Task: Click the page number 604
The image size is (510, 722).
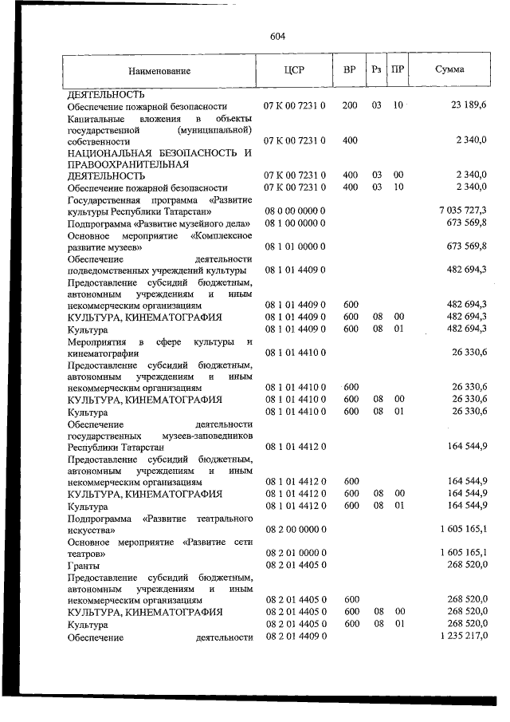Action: click(277, 36)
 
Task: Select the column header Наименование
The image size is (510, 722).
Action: click(159, 70)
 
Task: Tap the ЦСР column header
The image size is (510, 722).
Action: click(293, 69)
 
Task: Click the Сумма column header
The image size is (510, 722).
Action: click(449, 69)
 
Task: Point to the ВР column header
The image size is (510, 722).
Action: click(349, 69)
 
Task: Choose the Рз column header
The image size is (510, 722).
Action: click(376, 69)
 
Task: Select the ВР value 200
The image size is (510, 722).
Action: click(349, 105)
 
